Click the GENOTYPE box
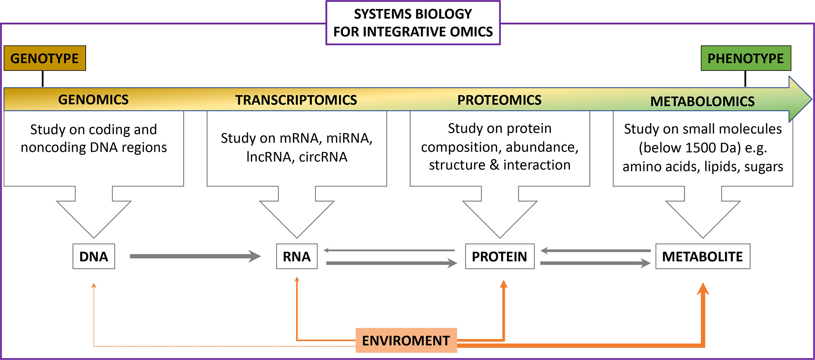[x=45, y=58]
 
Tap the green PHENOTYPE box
[x=746, y=58]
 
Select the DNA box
[x=94, y=256]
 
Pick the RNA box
[x=297, y=256]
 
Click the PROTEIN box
[x=500, y=256]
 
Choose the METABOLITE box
[x=703, y=256]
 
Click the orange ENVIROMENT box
[x=406, y=340]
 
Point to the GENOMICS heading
[x=93, y=100]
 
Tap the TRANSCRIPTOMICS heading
[x=296, y=100]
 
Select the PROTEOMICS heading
[x=499, y=100]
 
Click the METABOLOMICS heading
[x=702, y=101]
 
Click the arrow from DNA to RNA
[x=195, y=256]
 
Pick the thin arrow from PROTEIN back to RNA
[x=389, y=251]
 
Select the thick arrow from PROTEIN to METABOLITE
[x=596, y=263]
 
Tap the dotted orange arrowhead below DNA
[x=94, y=286]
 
